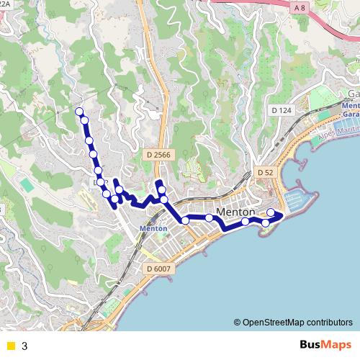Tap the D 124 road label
(282, 109)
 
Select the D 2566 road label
(158, 155)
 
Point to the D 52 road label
(265, 173)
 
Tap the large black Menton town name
(236, 212)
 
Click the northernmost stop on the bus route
(79, 111)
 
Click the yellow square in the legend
(10, 346)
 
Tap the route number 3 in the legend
(24, 346)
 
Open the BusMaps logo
(325, 345)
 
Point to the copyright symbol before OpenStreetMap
(237, 322)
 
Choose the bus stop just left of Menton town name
(209, 217)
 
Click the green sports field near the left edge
(27, 185)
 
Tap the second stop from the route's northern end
(84, 120)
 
